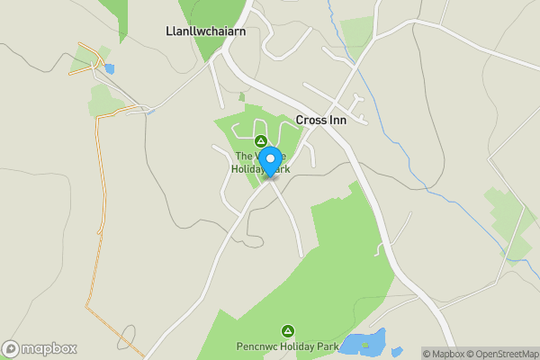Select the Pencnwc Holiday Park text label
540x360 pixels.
288,346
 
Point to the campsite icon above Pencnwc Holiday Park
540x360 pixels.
288,330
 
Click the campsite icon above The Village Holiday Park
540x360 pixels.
261,140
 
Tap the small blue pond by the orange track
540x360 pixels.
109,67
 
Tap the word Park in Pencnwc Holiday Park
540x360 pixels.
326,346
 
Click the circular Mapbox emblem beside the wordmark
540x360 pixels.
11,348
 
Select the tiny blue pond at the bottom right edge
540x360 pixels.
397,352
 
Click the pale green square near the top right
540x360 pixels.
357,31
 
